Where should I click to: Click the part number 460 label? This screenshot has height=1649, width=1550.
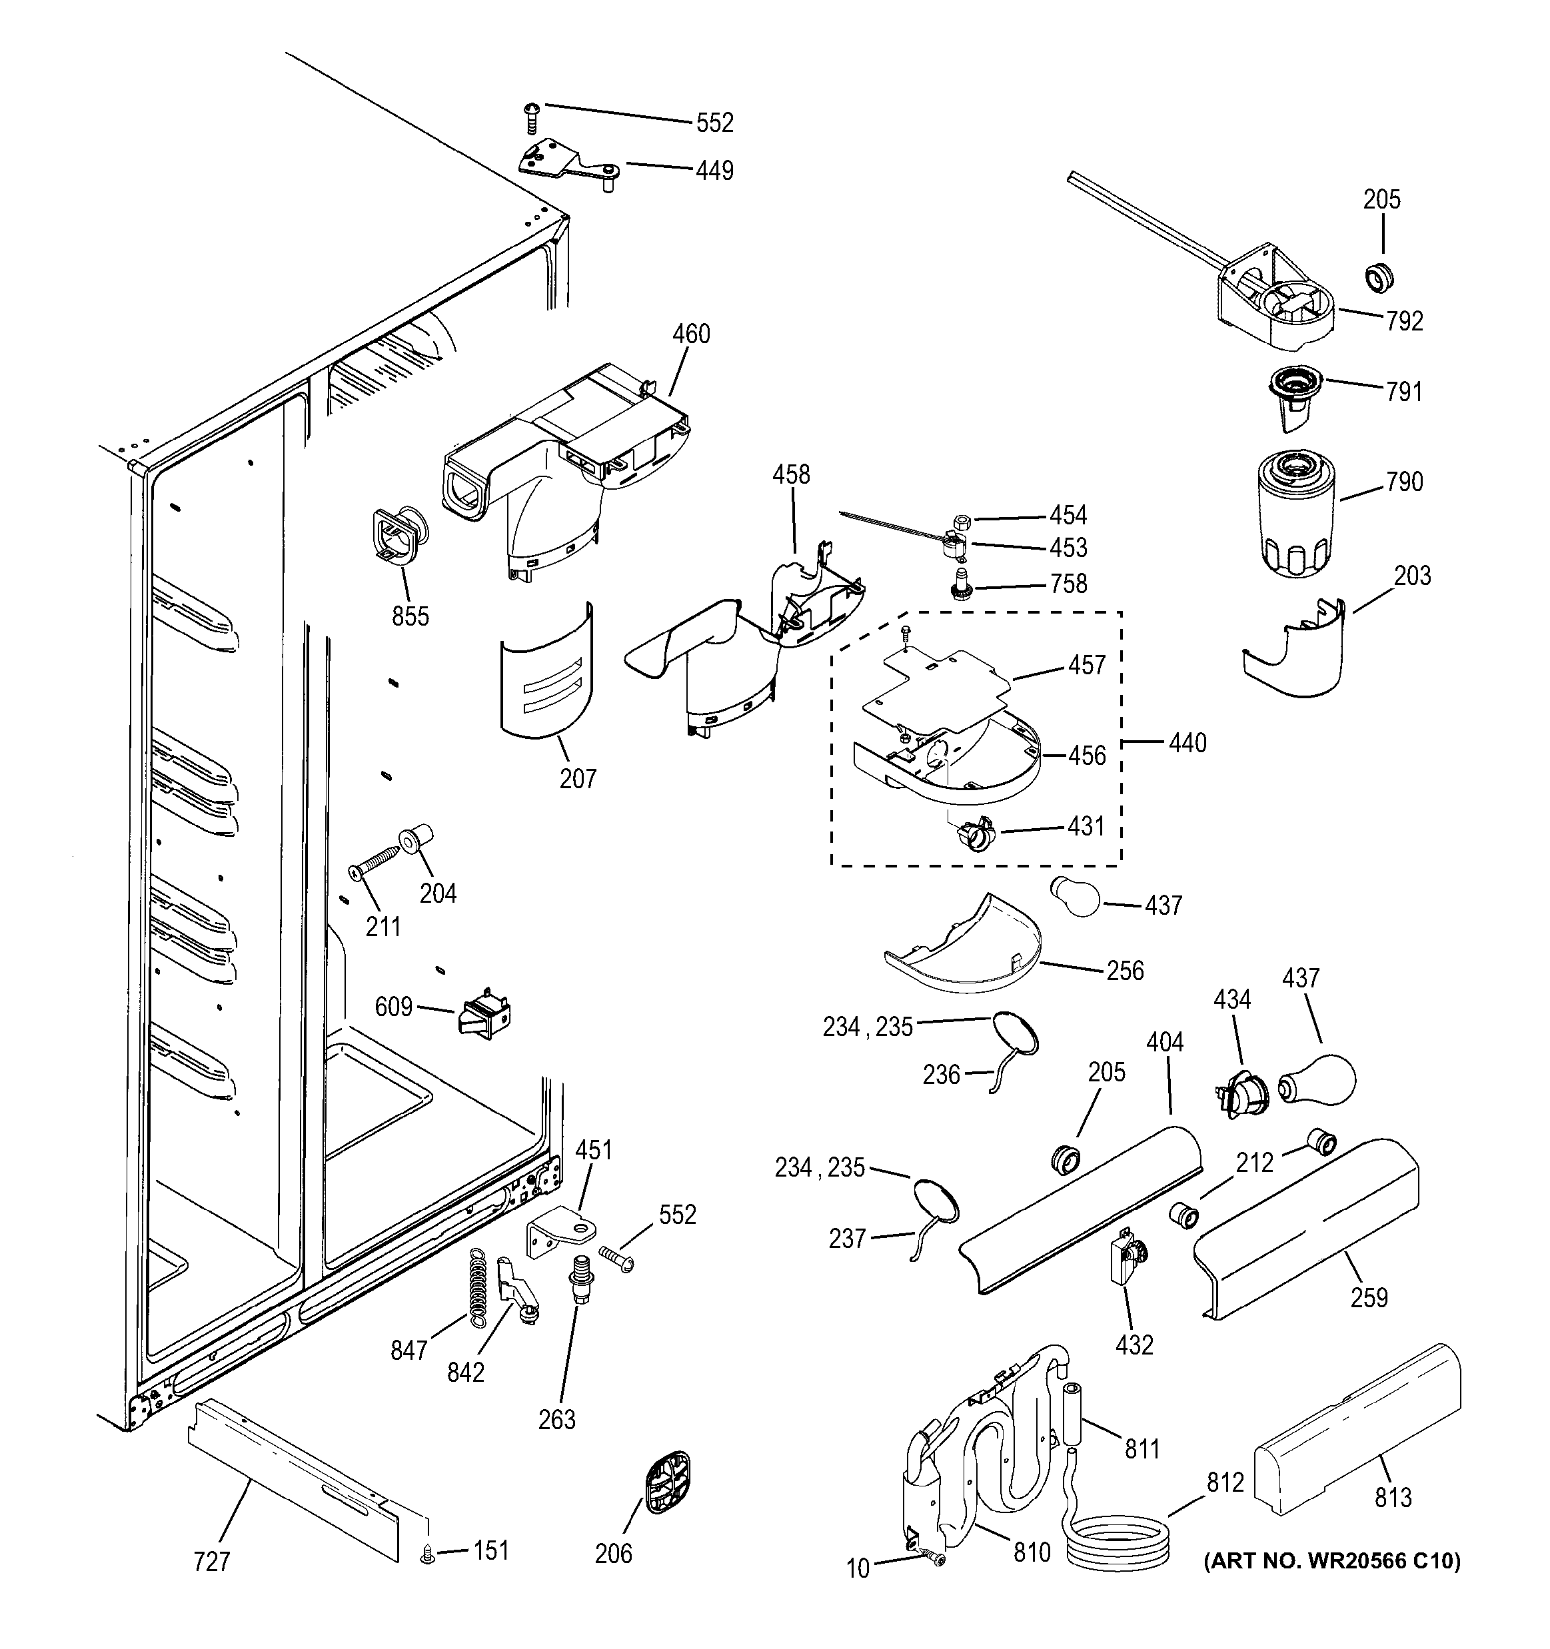690,334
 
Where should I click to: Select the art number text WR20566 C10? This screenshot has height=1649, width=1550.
1332,1560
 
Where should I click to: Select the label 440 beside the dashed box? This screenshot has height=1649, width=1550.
1187,742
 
